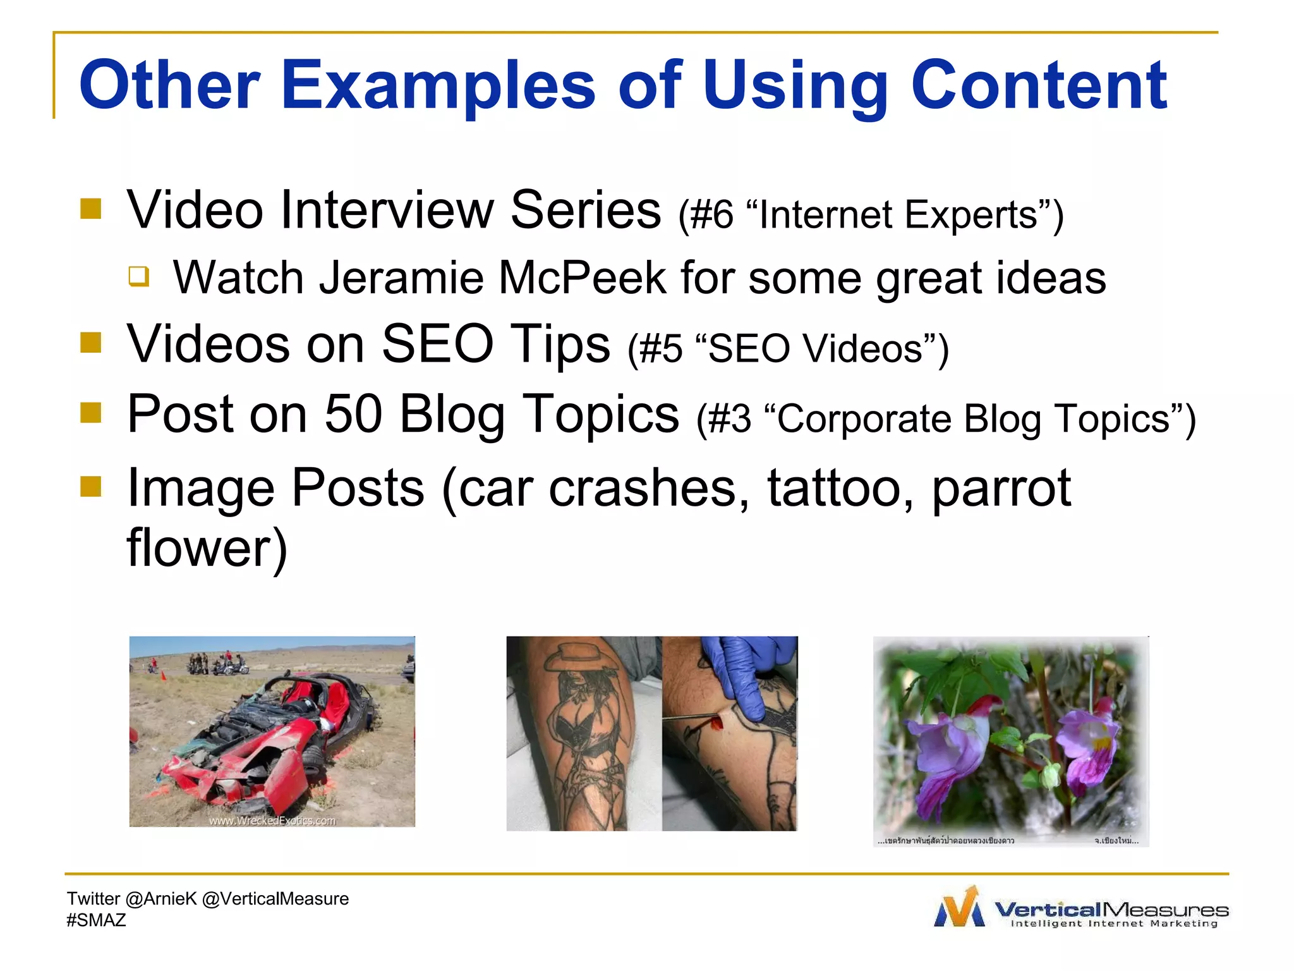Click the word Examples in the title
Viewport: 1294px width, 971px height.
pyautogui.click(x=437, y=85)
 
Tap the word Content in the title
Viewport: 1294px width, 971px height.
pyautogui.click(x=1038, y=85)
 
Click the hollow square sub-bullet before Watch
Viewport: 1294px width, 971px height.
pyautogui.click(x=139, y=276)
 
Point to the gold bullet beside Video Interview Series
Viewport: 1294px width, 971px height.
pyautogui.click(x=91, y=209)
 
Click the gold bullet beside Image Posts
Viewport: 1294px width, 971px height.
pyautogui.click(x=91, y=486)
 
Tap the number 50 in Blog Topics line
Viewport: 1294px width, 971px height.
pyautogui.click(x=353, y=414)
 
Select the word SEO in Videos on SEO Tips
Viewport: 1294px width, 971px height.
pyautogui.click(x=437, y=344)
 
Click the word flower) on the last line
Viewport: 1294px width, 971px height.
pyautogui.click(x=207, y=548)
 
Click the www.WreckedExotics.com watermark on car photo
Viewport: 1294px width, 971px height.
pyautogui.click(x=272, y=821)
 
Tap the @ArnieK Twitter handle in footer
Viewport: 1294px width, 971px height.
pyautogui.click(x=161, y=899)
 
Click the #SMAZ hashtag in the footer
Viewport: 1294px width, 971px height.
pyautogui.click(x=96, y=920)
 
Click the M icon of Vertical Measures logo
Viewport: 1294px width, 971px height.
pyautogui.click(x=959, y=908)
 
